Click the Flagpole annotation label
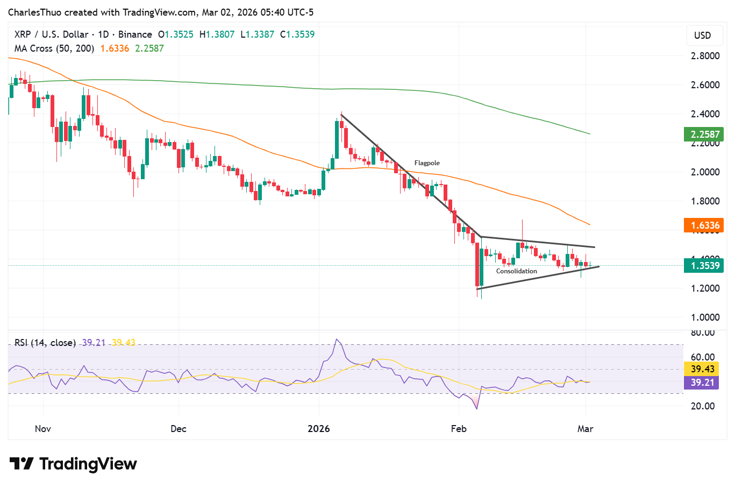[427, 163]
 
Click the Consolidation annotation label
[516, 271]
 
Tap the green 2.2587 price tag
[703, 134]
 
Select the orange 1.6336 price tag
[703, 225]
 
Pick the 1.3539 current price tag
[703, 265]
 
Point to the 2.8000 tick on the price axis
[705, 56]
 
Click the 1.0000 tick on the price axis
[705, 317]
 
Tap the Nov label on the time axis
[42, 429]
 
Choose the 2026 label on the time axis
[318, 429]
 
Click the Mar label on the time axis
[585, 429]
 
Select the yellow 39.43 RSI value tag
[702, 369]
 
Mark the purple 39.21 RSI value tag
[702, 383]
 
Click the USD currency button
[702, 36]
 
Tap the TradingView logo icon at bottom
[22, 464]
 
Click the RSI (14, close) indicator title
[45, 343]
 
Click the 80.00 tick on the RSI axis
[702, 333]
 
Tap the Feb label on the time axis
[459, 429]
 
